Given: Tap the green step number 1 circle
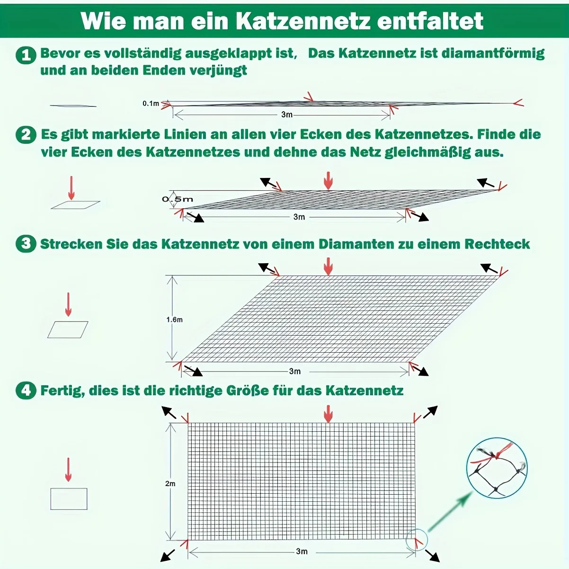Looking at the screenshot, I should (26, 55).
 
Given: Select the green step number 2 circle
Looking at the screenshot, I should (26, 135).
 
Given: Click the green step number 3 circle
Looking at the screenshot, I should (26, 244).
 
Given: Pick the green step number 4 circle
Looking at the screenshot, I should (26, 391).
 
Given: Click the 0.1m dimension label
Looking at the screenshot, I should (151, 103).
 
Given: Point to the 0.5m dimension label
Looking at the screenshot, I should (178, 199).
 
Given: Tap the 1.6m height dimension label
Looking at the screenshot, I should (174, 320).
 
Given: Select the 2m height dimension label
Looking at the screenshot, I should (170, 483).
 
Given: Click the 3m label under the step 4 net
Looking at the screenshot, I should (302, 551).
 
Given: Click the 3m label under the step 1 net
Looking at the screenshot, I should (287, 115).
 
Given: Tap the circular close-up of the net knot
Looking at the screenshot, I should (497, 468).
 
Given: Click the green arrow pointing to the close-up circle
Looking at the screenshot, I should (450, 512).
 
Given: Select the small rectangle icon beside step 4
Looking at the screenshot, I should (69, 499).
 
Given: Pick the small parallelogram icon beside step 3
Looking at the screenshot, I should (68, 329).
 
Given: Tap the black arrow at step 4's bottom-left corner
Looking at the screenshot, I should (167, 555).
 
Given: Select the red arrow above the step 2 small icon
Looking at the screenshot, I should (71, 188).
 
